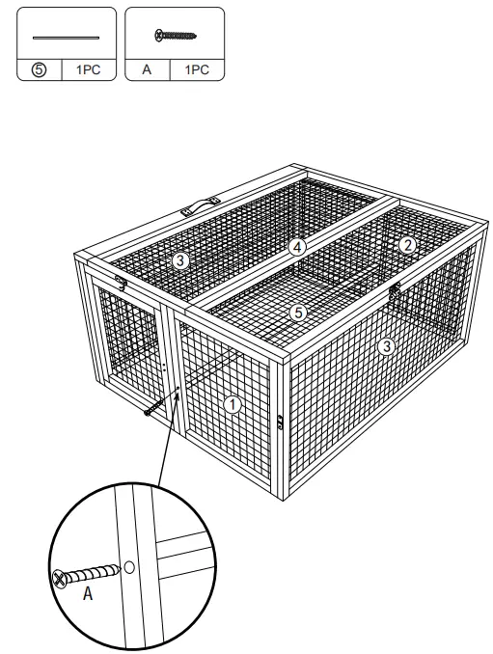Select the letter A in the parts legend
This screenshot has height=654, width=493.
(148, 70)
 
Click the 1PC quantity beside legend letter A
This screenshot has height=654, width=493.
(197, 70)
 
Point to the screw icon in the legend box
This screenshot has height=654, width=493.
(176, 35)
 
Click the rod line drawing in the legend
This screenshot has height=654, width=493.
(66, 38)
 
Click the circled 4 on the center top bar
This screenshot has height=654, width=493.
(298, 247)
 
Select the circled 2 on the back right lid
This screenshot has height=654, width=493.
(408, 245)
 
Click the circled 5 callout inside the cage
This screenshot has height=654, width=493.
(299, 313)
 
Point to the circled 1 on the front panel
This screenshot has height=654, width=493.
(232, 404)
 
